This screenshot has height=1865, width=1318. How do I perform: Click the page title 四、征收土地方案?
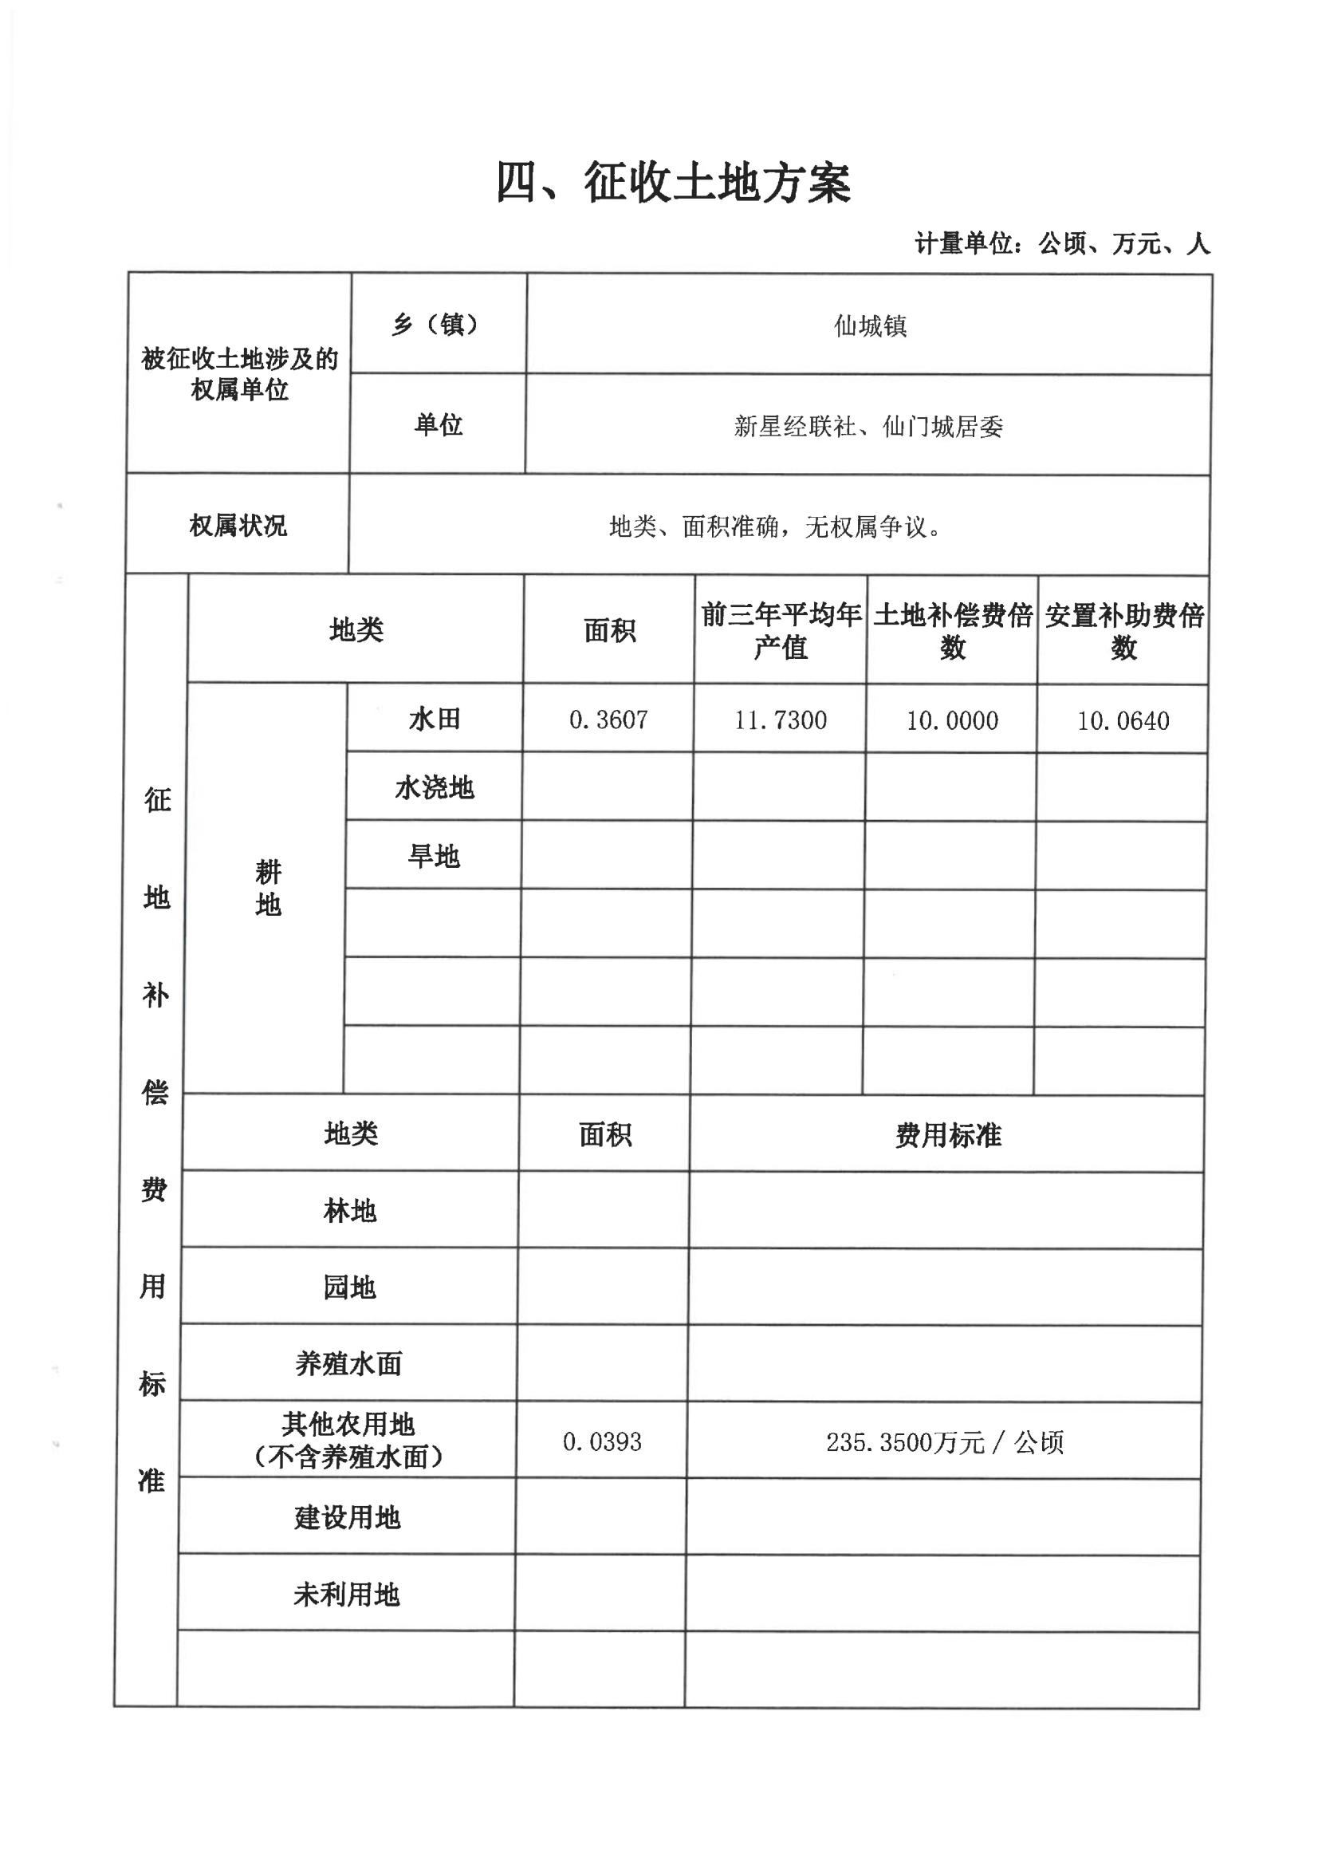673,183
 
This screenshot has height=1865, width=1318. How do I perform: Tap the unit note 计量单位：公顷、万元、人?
1062,243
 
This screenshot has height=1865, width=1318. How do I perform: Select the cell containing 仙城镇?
870,326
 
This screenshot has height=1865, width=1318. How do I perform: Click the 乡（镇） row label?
438,325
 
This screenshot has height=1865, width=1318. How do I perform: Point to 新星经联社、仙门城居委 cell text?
868,427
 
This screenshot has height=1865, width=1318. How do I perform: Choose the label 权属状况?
238,526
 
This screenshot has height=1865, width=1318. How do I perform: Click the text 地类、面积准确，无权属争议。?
776,527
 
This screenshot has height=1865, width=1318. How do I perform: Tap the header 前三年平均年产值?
781,631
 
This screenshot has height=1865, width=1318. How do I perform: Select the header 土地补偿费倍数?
953,631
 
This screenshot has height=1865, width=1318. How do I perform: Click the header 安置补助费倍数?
1124,631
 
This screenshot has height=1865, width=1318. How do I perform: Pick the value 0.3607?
608,720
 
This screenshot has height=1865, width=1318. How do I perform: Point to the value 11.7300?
781,720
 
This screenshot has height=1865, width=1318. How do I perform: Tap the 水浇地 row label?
435,788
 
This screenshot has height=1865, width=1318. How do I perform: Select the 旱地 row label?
434,856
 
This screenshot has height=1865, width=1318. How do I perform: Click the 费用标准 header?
948,1136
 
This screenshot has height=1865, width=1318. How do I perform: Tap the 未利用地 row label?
347,1595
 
